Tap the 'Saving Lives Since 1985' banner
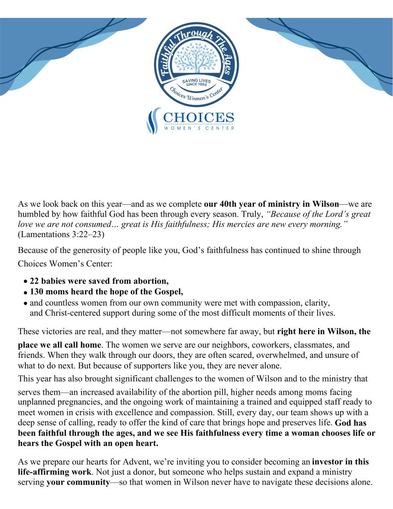196,82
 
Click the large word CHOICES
198,118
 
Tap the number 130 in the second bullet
37,292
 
